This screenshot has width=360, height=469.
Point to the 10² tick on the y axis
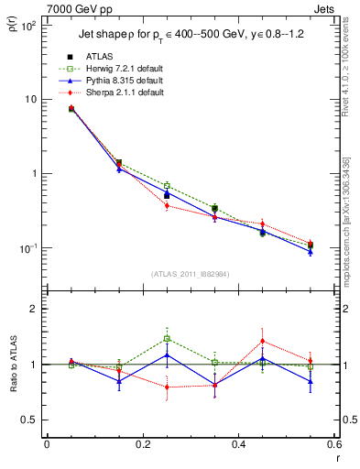(29, 25)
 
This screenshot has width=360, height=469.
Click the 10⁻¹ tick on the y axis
(29, 248)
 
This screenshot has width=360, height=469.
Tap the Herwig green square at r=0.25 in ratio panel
(167, 338)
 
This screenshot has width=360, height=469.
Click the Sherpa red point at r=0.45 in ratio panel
(262, 341)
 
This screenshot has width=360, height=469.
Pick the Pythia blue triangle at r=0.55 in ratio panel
(311, 381)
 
